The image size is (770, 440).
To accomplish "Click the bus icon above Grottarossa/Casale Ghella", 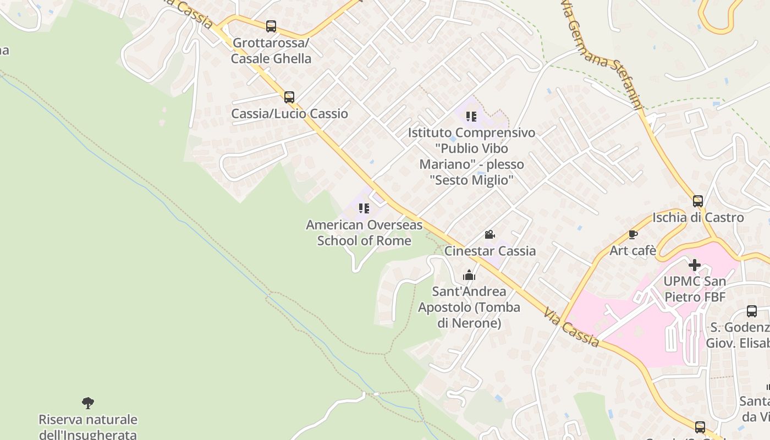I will click(x=271, y=26).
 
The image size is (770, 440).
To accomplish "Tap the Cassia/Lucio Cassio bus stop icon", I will click(x=289, y=97).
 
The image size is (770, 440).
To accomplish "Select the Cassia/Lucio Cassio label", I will click(x=289, y=114).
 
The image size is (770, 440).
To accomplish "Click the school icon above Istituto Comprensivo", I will click(x=471, y=116).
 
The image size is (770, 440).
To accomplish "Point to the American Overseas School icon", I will click(x=364, y=208).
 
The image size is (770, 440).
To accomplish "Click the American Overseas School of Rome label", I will click(x=364, y=233).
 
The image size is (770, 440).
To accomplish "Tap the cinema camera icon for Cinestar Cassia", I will click(x=490, y=235).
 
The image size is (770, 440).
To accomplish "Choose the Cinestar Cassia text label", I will click(x=490, y=251).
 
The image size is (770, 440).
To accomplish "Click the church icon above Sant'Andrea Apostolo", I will click(x=469, y=275).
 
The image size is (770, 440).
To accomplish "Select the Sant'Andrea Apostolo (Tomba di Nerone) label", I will click(x=469, y=307).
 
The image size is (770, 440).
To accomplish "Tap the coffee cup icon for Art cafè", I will click(x=633, y=235).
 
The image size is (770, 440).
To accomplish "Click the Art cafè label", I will click(x=633, y=251).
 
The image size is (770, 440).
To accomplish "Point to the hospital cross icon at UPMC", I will click(x=695, y=265).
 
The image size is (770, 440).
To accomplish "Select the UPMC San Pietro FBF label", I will click(x=695, y=289).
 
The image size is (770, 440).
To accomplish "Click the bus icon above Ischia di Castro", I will click(x=698, y=201).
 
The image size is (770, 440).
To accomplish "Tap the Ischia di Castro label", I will click(x=698, y=218).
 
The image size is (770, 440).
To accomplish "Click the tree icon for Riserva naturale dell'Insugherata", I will click(x=88, y=403).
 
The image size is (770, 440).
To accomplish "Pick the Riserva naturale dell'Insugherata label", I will click(x=88, y=427).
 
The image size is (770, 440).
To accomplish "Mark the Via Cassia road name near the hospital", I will click(x=572, y=328).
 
